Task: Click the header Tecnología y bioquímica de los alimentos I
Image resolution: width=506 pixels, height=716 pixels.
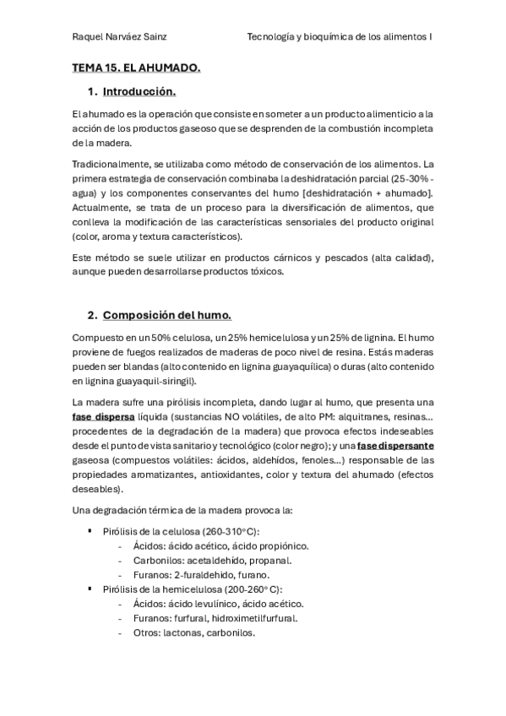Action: pyautogui.click(x=340, y=37)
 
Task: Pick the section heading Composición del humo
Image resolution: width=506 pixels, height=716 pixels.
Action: pyautogui.click(x=166, y=316)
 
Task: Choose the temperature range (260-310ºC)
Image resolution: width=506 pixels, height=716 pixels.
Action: pyautogui.click(x=226, y=530)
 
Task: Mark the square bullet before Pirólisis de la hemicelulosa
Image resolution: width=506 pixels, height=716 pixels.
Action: pyautogui.click(x=90, y=589)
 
